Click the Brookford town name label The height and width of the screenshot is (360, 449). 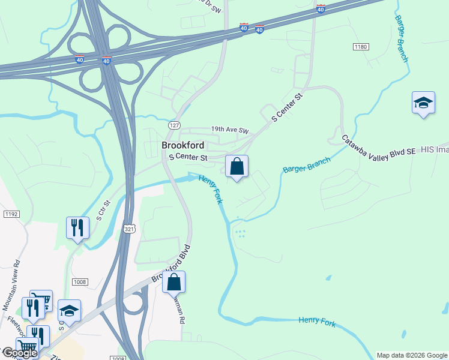coord(182,145)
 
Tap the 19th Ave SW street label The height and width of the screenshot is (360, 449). coord(229,130)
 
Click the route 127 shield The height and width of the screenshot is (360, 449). coord(174,125)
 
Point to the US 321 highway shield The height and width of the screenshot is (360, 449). coord(129,229)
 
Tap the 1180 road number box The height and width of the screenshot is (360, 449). coord(361,46)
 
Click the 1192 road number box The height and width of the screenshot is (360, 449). coord(10,214)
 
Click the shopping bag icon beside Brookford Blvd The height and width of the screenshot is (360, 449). coord(173,281)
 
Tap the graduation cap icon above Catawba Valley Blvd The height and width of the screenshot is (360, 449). coord(423,103)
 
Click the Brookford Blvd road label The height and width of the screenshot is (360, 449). coord(171,264)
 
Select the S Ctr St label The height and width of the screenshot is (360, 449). coord(103,209)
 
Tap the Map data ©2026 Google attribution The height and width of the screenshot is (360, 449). coord(412,355)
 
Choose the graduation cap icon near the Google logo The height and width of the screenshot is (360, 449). coord(69,311)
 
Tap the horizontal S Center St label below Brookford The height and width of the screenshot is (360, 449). coord(188,158)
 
